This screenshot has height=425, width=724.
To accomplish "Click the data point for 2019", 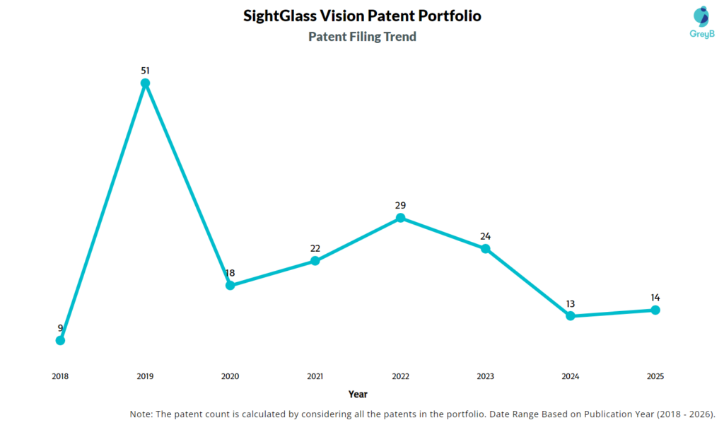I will pos(145,83).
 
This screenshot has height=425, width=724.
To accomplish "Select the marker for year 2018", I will pos(60,340).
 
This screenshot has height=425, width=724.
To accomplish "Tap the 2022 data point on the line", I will pos(400,218).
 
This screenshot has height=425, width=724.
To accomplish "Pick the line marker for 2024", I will pos(571,316).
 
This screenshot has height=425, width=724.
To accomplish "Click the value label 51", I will pos(145,70).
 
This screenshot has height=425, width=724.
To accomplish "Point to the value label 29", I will pos(400,205).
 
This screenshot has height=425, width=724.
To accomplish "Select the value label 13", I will pos(571,303).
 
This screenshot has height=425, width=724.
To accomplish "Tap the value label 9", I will pos(60,327).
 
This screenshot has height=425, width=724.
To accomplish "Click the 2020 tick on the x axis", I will pos(230,376).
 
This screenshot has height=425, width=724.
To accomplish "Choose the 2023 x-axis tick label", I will pos(485,376).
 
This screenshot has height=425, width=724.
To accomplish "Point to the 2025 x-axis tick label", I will pos(655,376).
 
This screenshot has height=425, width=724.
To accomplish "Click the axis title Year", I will pos(358,394).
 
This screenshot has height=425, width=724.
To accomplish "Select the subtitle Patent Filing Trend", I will pos(362,36).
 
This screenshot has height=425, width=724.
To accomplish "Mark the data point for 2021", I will pos(315,261).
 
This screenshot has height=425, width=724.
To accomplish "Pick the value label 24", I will pos(485,236).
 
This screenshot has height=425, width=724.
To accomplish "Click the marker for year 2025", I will pos(655,310).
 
